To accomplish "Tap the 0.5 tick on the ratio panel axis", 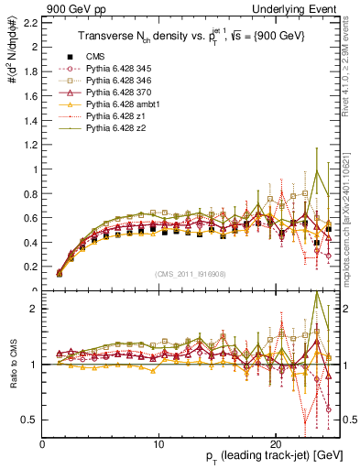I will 32,420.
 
